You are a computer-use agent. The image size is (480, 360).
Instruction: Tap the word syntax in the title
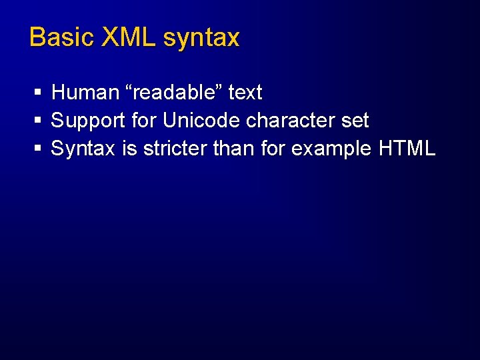coord(201,39)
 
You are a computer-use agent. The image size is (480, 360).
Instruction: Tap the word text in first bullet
coord(245,92)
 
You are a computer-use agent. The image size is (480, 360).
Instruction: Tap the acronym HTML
coord(407,149)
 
